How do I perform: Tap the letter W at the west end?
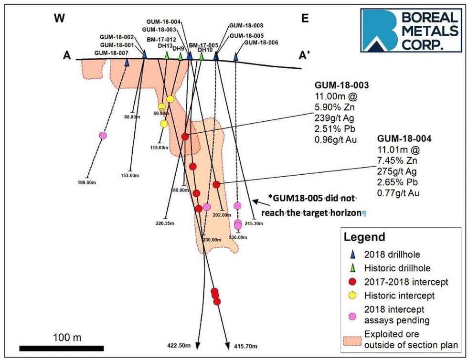59,19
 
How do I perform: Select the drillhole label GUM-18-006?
261,42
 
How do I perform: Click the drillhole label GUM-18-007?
111,53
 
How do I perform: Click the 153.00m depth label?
129,176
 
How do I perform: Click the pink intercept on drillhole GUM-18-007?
103,136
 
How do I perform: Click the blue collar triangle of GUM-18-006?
235,57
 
